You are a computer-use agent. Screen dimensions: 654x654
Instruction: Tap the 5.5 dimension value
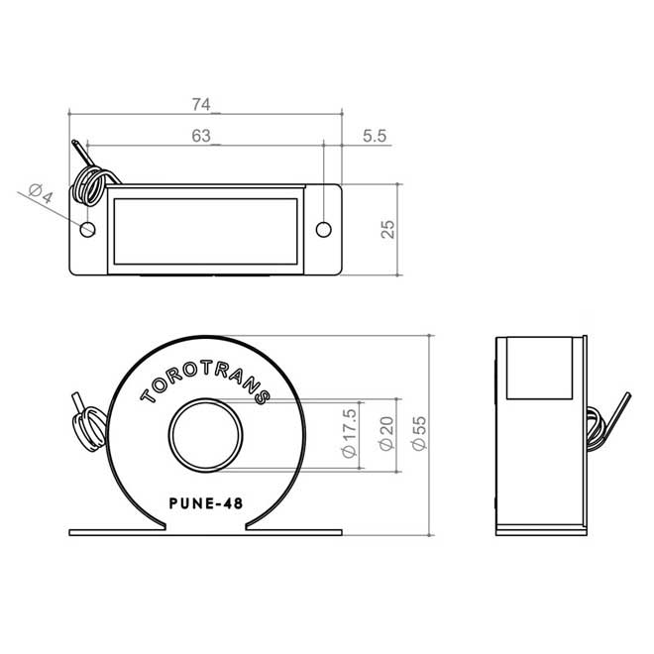click(374, 138)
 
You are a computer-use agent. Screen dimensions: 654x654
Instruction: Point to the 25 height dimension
click(388, 229)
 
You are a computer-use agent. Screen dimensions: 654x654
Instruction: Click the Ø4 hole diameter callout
click(40, 194)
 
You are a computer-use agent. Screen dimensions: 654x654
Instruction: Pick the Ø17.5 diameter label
click(348, 432)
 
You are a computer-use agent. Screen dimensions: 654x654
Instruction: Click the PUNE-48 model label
click(205, 501)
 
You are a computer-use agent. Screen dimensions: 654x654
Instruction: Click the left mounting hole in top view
click(88, 230)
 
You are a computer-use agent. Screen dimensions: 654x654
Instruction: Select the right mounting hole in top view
click(323, 230)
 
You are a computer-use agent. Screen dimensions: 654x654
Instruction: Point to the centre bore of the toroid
click(205, 436)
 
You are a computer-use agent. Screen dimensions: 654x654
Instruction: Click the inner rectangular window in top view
click(205, 230)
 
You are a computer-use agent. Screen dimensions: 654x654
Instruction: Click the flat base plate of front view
click(205, 532)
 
